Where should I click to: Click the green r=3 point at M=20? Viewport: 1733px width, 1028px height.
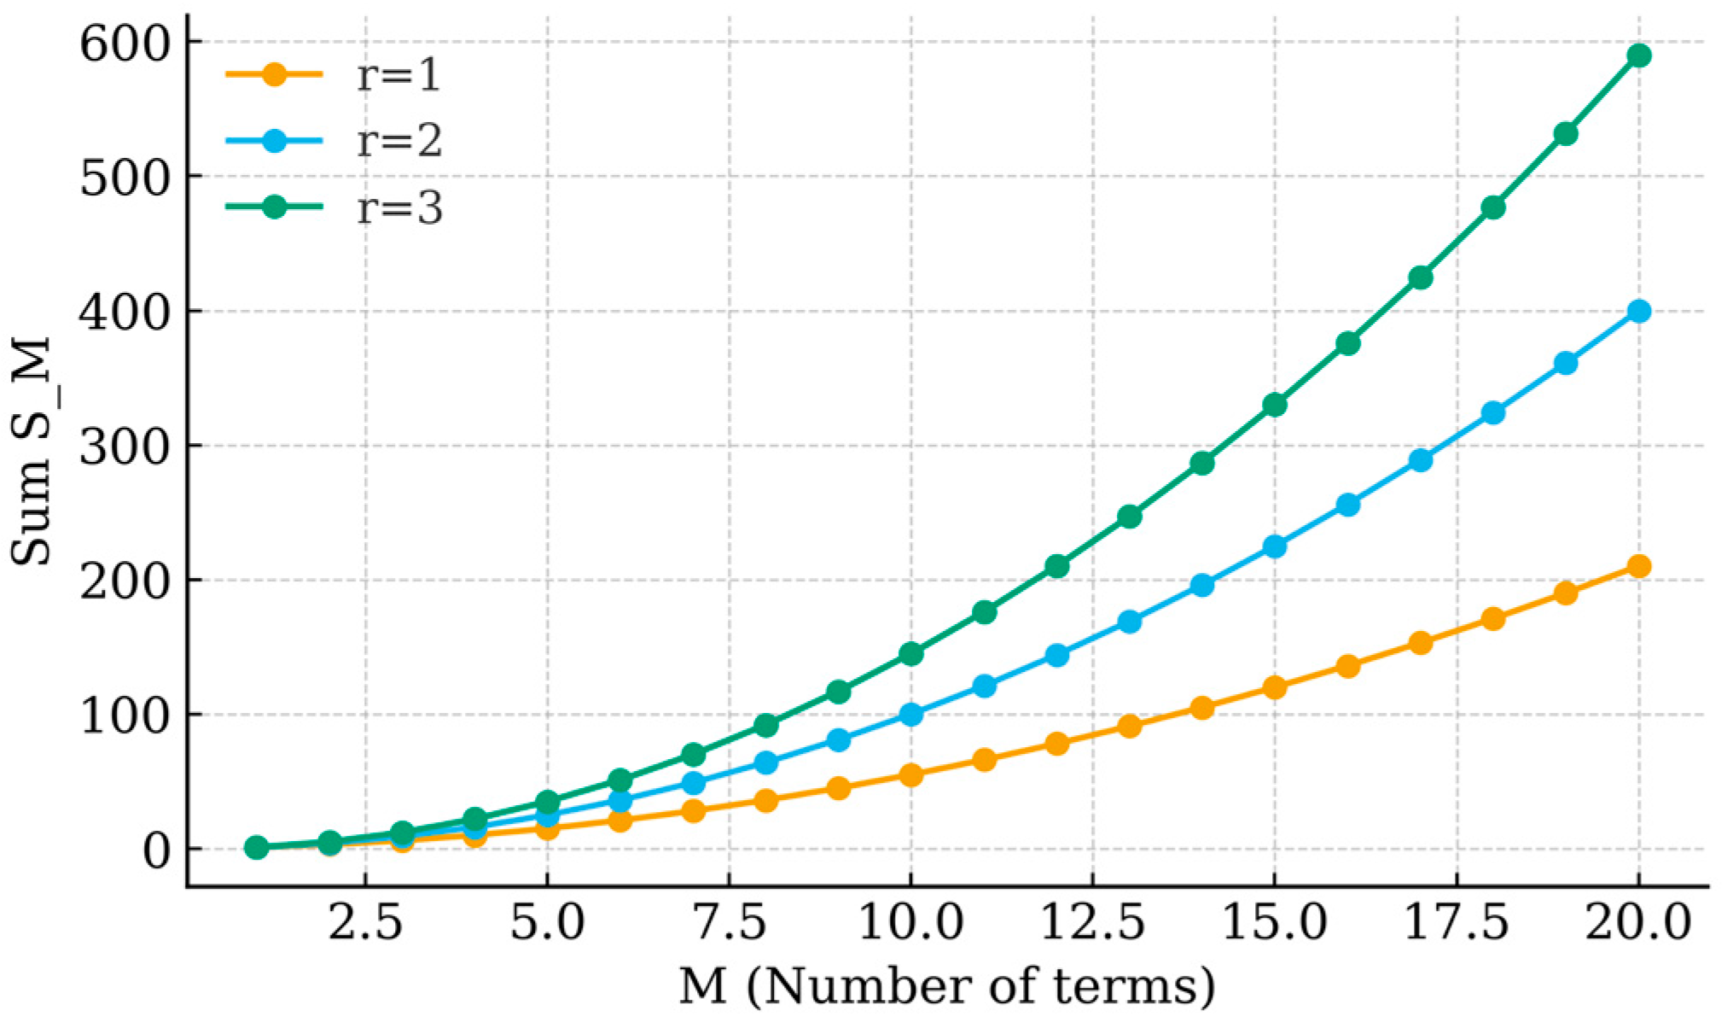pyautogui.click(x=1638, y=56)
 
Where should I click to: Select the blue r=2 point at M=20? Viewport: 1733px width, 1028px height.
pyautogui.click(x=1638, y=312)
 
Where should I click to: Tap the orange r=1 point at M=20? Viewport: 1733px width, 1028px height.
pyautogui.click(x=1638, y=566)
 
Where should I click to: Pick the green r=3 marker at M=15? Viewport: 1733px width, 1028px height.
pyautogui.click(x=1275, y=405)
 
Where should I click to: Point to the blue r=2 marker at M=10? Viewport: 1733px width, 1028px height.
pyautogui.click(x=910, y=715)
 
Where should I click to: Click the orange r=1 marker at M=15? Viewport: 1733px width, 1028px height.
pyautogui.click(x=1275, y=687)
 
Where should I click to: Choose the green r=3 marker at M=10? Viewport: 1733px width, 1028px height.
pyautogui.click(x=910, y=654)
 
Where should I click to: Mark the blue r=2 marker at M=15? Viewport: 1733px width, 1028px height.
pyautogui.click(x=1275, y=546)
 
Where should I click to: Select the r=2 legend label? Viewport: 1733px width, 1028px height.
pyautogui.click(x=398, y=141)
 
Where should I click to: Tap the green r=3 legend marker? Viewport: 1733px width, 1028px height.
pyautogui.click(x=275, y=207)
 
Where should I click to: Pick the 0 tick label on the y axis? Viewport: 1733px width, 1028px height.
pyautogui.click(x=157, y=850)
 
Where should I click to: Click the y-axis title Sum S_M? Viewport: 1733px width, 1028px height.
pyautogui.click(x=32, y=453)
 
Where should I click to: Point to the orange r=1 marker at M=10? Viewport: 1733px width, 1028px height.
pyautogui.click(x=910, y=775)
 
